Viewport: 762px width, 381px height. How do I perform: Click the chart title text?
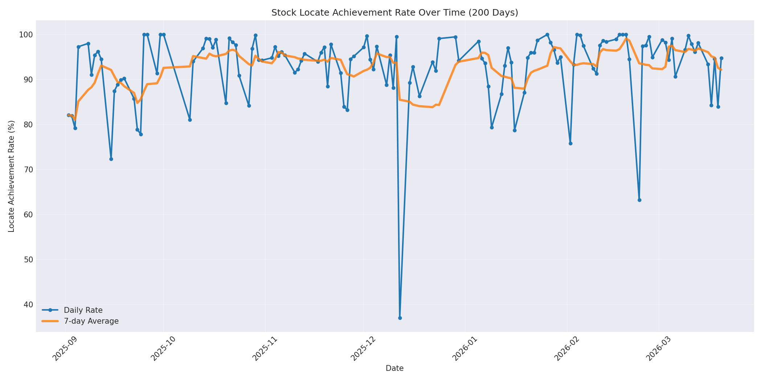tap(394, 13)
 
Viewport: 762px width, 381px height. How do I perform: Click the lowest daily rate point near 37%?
tap(400, 318)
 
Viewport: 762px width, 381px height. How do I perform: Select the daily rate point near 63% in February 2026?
tap(639, 200)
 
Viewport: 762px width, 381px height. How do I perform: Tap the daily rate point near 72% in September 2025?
tap(111, 159)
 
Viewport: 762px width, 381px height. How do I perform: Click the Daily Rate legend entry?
tap(83, 310)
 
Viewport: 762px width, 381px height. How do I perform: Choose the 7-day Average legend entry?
tap(91, 321)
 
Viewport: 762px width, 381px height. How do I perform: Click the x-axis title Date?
tap(394, 369)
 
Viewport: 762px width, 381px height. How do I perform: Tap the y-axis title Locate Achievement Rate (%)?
tap(11, 176)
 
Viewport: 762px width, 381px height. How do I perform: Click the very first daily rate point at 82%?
tap(69, 115)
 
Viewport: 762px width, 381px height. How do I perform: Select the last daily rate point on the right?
tap(721, 58)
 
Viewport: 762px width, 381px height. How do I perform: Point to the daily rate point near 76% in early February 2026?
tap(570, 143)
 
